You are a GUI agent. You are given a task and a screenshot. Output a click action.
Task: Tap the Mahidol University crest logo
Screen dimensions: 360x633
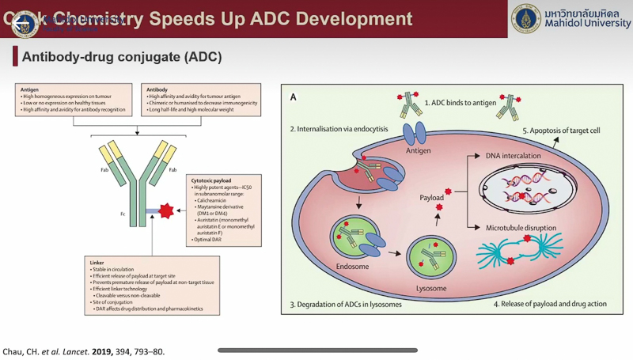coord(525,19)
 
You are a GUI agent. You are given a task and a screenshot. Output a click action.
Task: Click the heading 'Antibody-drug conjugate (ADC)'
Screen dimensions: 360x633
coord(121,58)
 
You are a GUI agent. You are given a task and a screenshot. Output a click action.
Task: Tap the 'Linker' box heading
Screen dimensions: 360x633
coord(98,261)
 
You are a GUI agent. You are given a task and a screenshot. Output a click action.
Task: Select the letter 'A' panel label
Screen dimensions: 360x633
coord(294,97)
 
